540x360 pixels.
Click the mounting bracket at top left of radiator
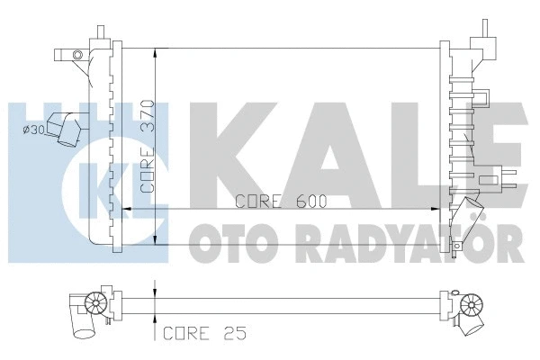click(x=76, y=56)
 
